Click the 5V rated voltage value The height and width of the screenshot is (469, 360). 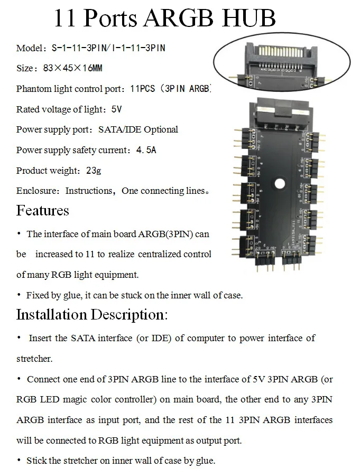[x=116, y=109]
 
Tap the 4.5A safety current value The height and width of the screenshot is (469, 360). [x=146, y=150]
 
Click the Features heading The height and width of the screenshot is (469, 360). [x=43, y=210]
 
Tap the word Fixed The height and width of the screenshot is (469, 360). [x=38, y=295]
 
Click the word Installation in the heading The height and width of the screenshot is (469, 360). [x=52, y=315]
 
